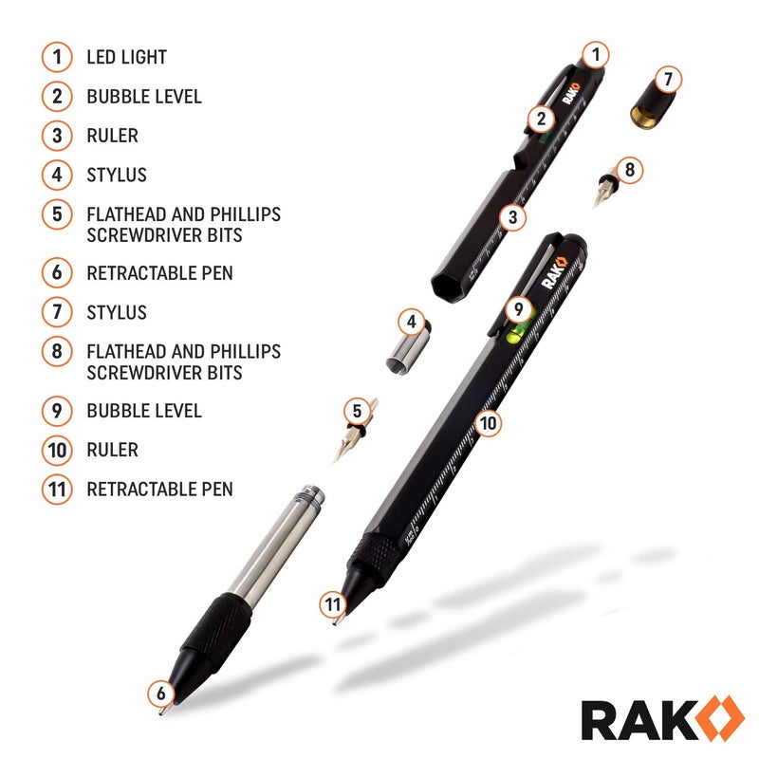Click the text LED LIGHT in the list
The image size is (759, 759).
coord(126,57)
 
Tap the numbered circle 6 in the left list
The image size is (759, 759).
coord(57,272)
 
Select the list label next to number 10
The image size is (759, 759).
coord(112,450)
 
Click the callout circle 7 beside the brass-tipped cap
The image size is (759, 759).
coord(668,79)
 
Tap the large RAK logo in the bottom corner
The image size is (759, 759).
coord(651,718)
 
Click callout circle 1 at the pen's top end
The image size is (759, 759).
coord(595,55)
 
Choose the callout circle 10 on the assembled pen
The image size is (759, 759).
coord(488,422)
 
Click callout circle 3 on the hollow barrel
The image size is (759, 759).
coord(512,217)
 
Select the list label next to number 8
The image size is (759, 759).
coord(183,361)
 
